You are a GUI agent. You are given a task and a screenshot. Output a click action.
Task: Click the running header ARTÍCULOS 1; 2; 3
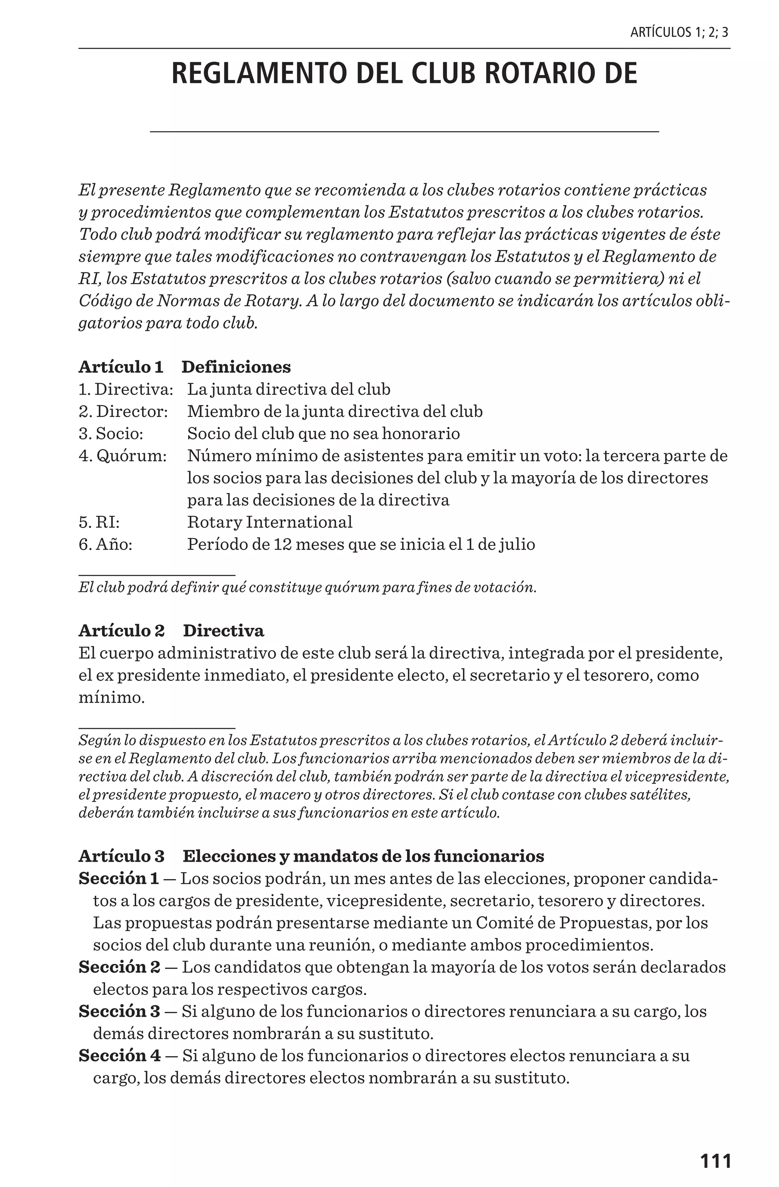click(x=679, y=33)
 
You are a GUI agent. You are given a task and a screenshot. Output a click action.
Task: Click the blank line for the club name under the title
click(x=404, y=131)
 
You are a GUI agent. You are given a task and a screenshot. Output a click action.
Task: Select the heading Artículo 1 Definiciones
click(x=184, y=367)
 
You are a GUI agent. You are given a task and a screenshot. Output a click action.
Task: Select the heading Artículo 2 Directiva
click(x=171, y=631)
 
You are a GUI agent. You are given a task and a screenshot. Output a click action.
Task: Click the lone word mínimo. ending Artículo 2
click(x=111, y=697)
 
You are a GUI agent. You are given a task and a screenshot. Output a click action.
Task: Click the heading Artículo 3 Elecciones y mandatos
click(x=311, y=856)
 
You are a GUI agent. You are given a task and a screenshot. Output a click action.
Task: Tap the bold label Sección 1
click(x=118, y=878)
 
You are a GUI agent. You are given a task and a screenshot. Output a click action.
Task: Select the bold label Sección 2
click(x=119, y=967)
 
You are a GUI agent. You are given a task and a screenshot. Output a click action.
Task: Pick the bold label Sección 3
click(x=119, y=1012)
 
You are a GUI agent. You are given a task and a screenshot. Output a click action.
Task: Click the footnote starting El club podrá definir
click(x=307, y=587)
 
